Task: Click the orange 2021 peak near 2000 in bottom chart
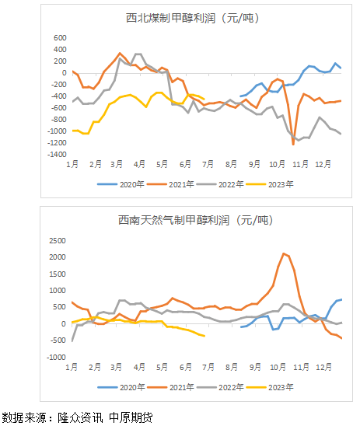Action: [x=284, y=253]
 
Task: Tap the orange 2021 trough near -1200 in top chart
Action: [x=293, y=144]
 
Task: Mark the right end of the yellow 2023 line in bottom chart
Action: [x=204, y=336]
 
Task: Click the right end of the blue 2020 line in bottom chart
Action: [x=341, y=299]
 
